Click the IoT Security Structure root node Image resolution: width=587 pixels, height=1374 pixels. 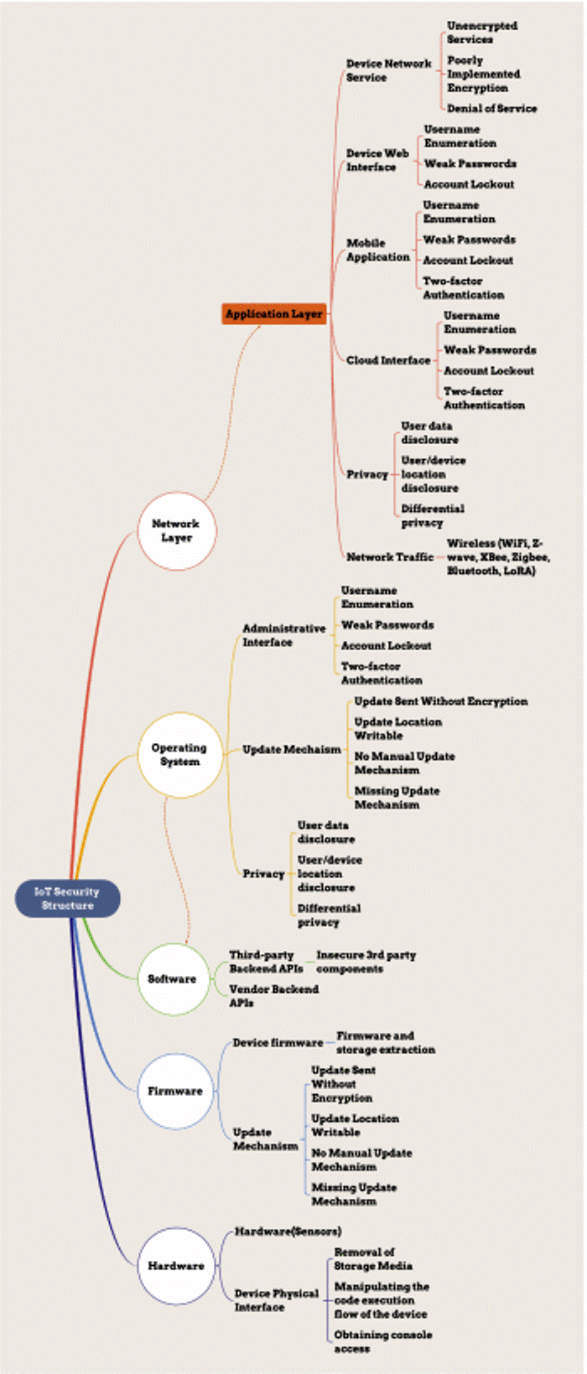pos(68,898)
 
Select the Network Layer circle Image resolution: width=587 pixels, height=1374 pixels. pos(176,531)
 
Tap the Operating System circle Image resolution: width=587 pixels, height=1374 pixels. pos(179,754)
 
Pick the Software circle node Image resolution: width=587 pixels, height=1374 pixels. pos(172,979)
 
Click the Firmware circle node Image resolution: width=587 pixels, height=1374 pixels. pos(175,1091)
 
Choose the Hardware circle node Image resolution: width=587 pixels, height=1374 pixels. pos(176,1265)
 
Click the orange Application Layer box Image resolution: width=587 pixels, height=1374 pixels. pos(273,314)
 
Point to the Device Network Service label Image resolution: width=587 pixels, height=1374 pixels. pos(388,70)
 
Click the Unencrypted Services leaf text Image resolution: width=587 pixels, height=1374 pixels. pos(481,33)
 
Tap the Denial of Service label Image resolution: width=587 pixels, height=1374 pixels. pos(491,108)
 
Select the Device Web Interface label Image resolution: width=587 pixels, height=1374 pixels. pos(377,160)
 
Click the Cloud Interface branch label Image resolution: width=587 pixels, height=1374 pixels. pos(388,360)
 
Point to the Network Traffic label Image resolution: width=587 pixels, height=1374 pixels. pos(390,556)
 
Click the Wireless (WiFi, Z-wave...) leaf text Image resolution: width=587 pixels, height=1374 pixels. pos(498,556)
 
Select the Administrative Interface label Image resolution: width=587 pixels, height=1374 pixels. pos(283,635)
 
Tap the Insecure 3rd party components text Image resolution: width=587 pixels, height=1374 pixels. pos(366,961)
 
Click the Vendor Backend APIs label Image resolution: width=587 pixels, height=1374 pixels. pos(273,995)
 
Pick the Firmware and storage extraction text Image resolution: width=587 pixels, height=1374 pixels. pos(386,1042)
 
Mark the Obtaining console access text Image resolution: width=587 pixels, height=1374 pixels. pos(382,1341)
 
